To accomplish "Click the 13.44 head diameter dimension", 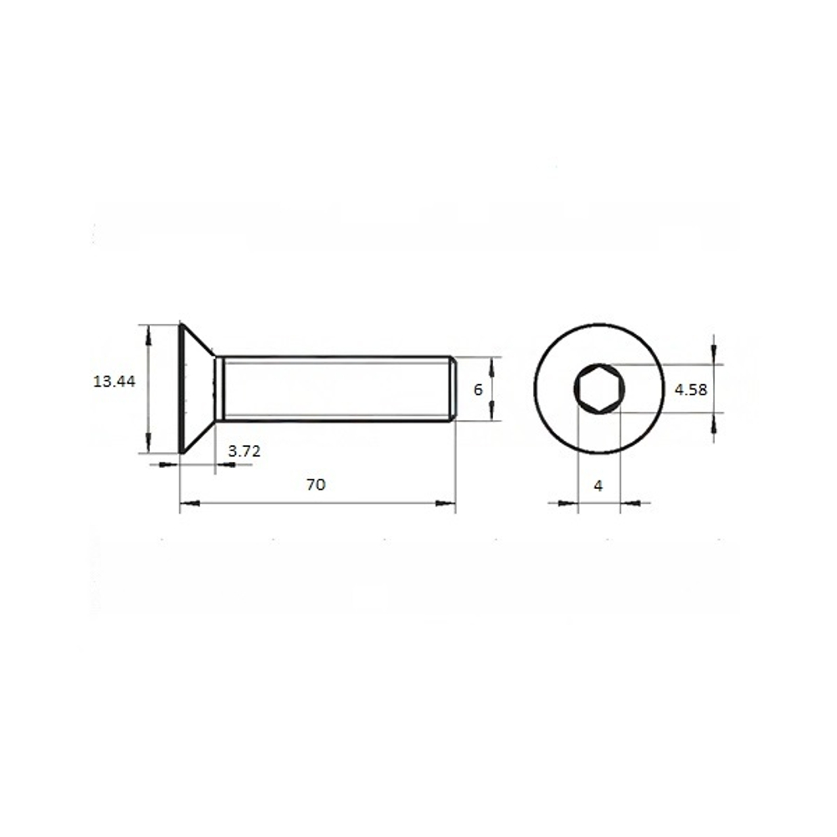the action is point(114,382).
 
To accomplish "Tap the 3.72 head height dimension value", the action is point(244,451).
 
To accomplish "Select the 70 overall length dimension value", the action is point(316,485).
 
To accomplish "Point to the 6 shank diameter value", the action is point(478,390).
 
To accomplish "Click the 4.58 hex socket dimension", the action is point(691,390).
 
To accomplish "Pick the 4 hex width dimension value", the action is point(598,485).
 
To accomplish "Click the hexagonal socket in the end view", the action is point(599,388).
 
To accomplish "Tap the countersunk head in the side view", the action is point(198,388).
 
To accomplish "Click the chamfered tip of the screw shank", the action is point(453,388).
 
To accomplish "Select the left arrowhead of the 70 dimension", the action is point(189,503).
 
